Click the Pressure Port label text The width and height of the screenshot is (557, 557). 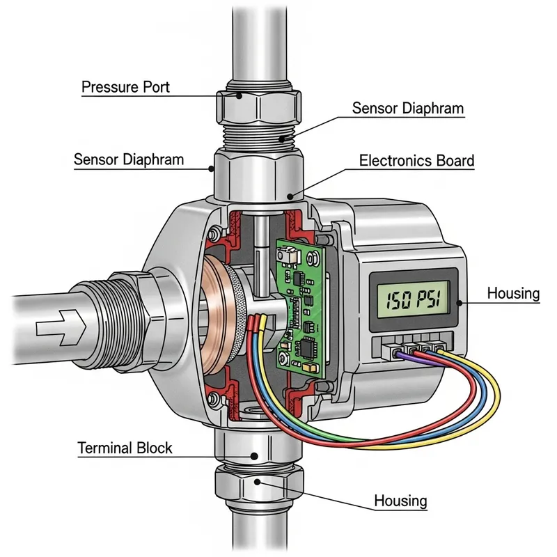(125, 88)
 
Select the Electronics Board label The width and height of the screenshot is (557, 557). (416, 161)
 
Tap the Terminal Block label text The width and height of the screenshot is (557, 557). (125, 448)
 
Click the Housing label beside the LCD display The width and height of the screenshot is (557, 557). (513, 293)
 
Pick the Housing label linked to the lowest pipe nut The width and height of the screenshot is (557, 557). (400, 501)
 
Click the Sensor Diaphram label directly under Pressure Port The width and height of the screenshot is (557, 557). (129, 159)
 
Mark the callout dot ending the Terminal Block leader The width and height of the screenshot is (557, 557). (255, 456)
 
